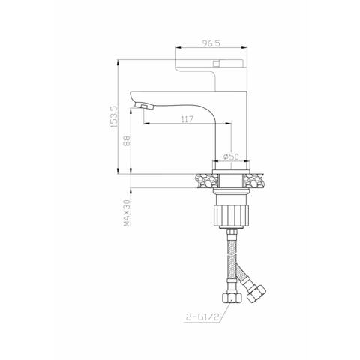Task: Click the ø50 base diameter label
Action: coord(232,157)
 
